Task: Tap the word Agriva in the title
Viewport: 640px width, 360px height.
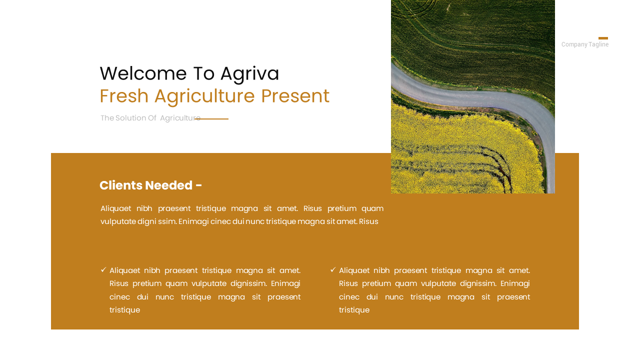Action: tap(249, 73)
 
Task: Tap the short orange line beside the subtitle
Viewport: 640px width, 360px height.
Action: tap(215, 119)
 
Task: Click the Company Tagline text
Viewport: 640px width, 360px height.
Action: tap(585, 44)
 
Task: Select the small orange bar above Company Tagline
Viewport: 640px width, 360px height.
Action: tap(603, 38)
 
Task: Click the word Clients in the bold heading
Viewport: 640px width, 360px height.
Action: tap(120, 185)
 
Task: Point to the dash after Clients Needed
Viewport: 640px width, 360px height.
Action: tap(198, 186)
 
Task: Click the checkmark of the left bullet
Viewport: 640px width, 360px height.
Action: tap(103, 270)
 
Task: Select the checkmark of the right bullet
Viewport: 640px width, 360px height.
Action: tap(333, 270)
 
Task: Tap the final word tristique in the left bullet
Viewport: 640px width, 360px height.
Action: tap(124, 310)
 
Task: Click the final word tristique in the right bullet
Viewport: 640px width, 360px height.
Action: tap(354, 310)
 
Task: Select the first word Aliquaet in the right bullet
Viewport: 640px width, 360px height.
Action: tap(354, 270)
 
